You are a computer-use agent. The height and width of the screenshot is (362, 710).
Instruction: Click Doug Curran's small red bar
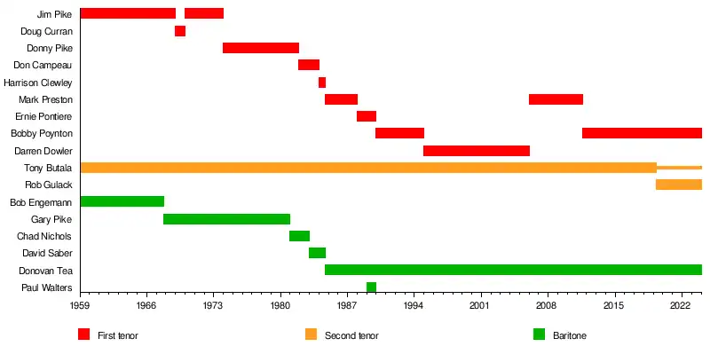[180, 31]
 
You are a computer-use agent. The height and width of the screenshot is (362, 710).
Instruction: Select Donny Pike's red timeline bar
[261, 48]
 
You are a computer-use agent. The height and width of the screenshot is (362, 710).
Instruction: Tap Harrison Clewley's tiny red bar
[322, 83]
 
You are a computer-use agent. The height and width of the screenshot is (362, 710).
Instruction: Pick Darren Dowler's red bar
[477, 151]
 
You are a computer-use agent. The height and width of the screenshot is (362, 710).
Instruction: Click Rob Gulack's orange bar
[679, 185]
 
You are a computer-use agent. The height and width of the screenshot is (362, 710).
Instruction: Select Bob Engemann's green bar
[122, 201]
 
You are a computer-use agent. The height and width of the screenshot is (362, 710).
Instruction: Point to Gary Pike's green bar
[226, 219]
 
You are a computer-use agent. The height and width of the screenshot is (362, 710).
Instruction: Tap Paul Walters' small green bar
[371, 287]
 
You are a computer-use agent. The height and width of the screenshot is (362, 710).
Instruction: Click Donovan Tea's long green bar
[513, 270]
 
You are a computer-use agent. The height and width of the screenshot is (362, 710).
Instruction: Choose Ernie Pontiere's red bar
[367, 116]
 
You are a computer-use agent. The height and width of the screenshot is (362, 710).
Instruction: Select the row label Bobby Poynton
[42, 134]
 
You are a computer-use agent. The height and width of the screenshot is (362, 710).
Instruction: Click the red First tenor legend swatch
[84, 334]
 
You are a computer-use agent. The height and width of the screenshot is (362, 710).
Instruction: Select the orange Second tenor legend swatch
[311, 334]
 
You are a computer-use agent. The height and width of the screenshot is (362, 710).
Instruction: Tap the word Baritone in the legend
[570, 335]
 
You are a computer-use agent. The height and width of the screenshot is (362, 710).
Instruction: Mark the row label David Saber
[47, 253]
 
